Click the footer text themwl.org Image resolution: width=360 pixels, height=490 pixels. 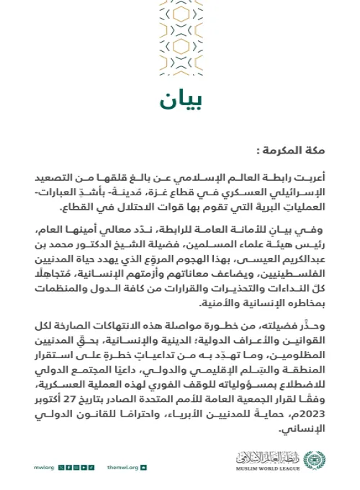[120, 468]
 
